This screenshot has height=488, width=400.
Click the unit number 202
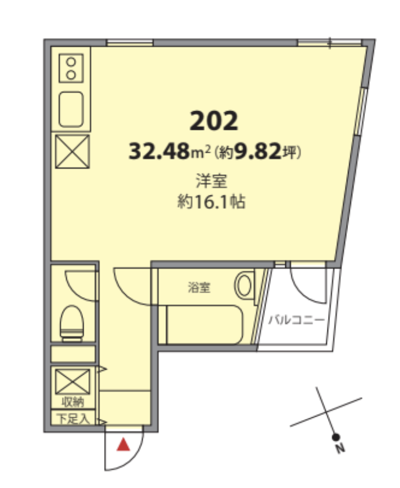click(213, 121)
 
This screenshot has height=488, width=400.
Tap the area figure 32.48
click(159, 151)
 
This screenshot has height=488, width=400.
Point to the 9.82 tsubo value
click(257, 151)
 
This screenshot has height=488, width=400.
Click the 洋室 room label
click(212, 181)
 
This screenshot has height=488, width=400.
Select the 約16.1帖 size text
click(212, 201)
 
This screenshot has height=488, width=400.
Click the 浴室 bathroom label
click(199, 287)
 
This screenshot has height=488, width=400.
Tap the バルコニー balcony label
click(296, 319)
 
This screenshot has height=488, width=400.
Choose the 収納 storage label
click(73, 402)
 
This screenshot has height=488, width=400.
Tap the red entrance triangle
click(123, 445)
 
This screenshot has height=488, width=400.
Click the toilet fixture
click(72, 323)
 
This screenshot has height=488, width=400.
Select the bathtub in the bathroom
click(204, 325)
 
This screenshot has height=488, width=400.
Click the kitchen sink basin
click(71, 109)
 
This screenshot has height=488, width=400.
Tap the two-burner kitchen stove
click(71, 68)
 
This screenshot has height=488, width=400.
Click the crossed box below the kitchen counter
click(73, 152)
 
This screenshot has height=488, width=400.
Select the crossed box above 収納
click(73, 382)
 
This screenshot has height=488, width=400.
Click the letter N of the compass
click(340, 448)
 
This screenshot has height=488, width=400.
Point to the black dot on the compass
click(335, 437)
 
